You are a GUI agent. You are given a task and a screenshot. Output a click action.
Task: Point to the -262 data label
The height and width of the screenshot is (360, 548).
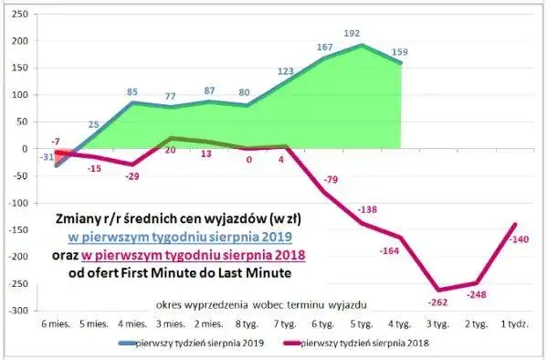[439, 302]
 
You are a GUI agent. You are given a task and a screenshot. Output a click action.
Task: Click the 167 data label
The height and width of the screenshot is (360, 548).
[323, 47]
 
